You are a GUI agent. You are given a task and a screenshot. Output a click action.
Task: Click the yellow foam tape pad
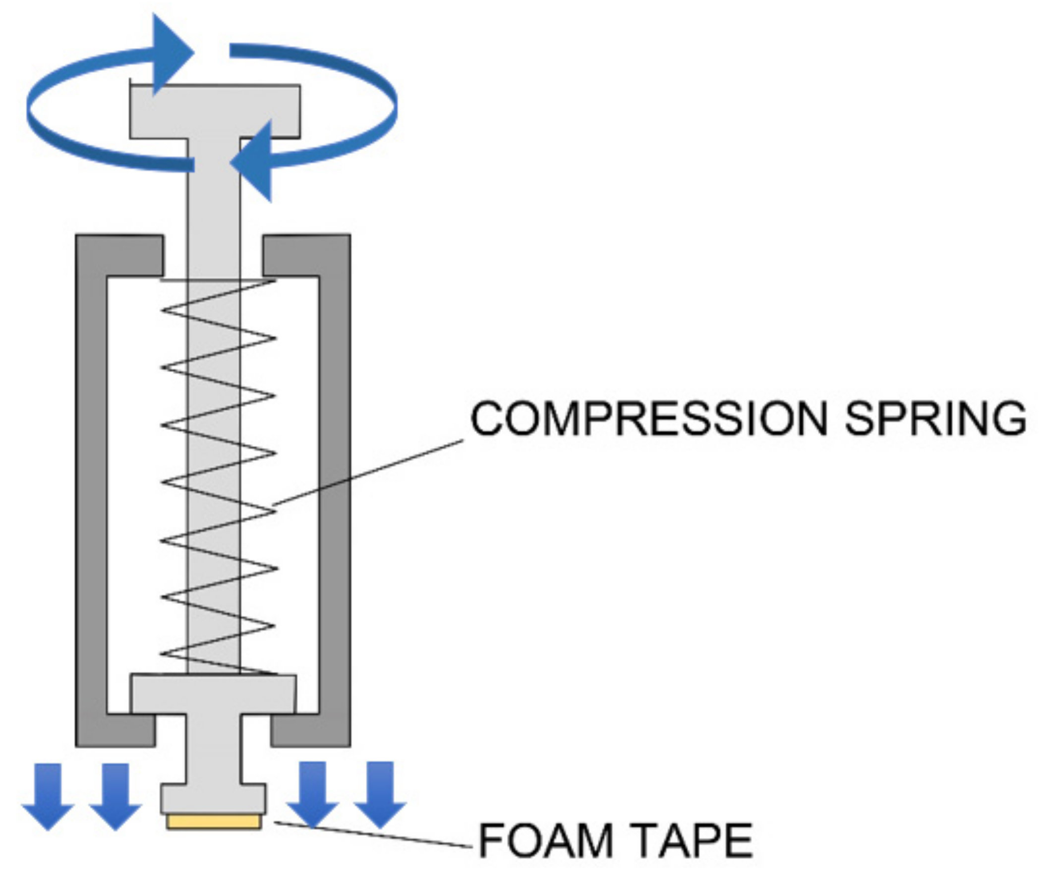point(214,822)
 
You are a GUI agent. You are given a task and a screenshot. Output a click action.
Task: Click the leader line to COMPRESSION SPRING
point(368,472)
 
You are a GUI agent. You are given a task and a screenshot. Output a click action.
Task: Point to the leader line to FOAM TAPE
point(373,835)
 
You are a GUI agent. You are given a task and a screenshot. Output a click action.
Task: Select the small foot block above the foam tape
point(214,799)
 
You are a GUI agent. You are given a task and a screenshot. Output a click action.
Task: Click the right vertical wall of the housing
point(334,496)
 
